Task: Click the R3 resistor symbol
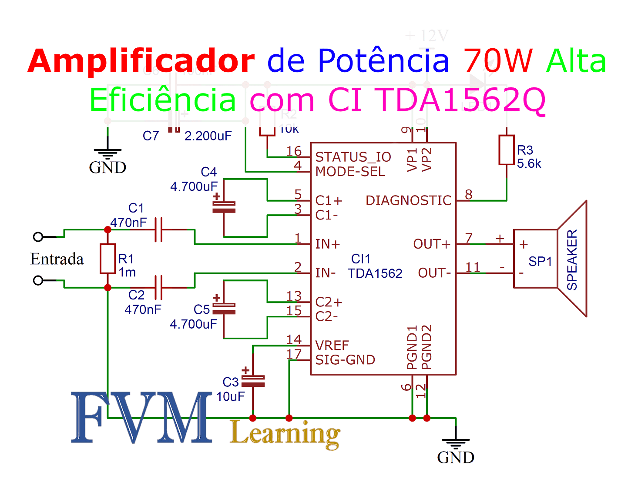(x=507, y=150)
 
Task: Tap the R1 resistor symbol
(x=107, y=259)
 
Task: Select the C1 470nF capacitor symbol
(x=159, y=229)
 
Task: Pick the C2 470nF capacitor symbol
(x=159, y=287)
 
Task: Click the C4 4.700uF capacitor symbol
(x=224, y=207)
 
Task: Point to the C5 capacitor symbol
(x=224, y=309)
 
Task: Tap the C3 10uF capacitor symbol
(x=253, y=381)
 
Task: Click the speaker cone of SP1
(x=572, y=259)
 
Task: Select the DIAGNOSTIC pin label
(x=408, y=200)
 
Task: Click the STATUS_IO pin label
(x=353, y=157)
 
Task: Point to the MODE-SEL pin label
(x=350, y=172)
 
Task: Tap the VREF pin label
(x=332, y=346)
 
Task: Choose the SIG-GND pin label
(x=345, y=360)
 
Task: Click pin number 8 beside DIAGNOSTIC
(x=468, y=194)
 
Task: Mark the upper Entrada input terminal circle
(x=38, y=237)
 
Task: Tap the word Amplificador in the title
(x=141, y=61)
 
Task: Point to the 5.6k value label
(x=529, y=164)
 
